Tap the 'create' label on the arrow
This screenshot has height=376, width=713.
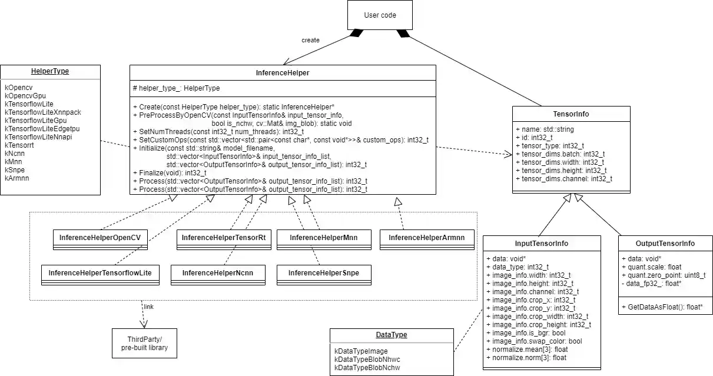click(x=310, y=40)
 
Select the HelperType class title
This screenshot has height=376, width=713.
click(x=50, y=71)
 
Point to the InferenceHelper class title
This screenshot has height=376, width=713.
click(x=283, y=73)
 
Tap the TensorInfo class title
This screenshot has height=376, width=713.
click(x=571, y=114)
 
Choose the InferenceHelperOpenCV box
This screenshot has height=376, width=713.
click(x=100, y=238)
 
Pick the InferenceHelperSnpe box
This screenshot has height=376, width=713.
click(x=323, y=273)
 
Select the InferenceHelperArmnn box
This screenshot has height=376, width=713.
click(x=426, y=238)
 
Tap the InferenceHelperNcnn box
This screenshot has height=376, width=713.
click(x=217, y=273)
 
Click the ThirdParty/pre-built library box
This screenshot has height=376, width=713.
click(x=144, y=343)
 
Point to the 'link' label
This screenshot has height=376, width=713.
click(x=149, y=307)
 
